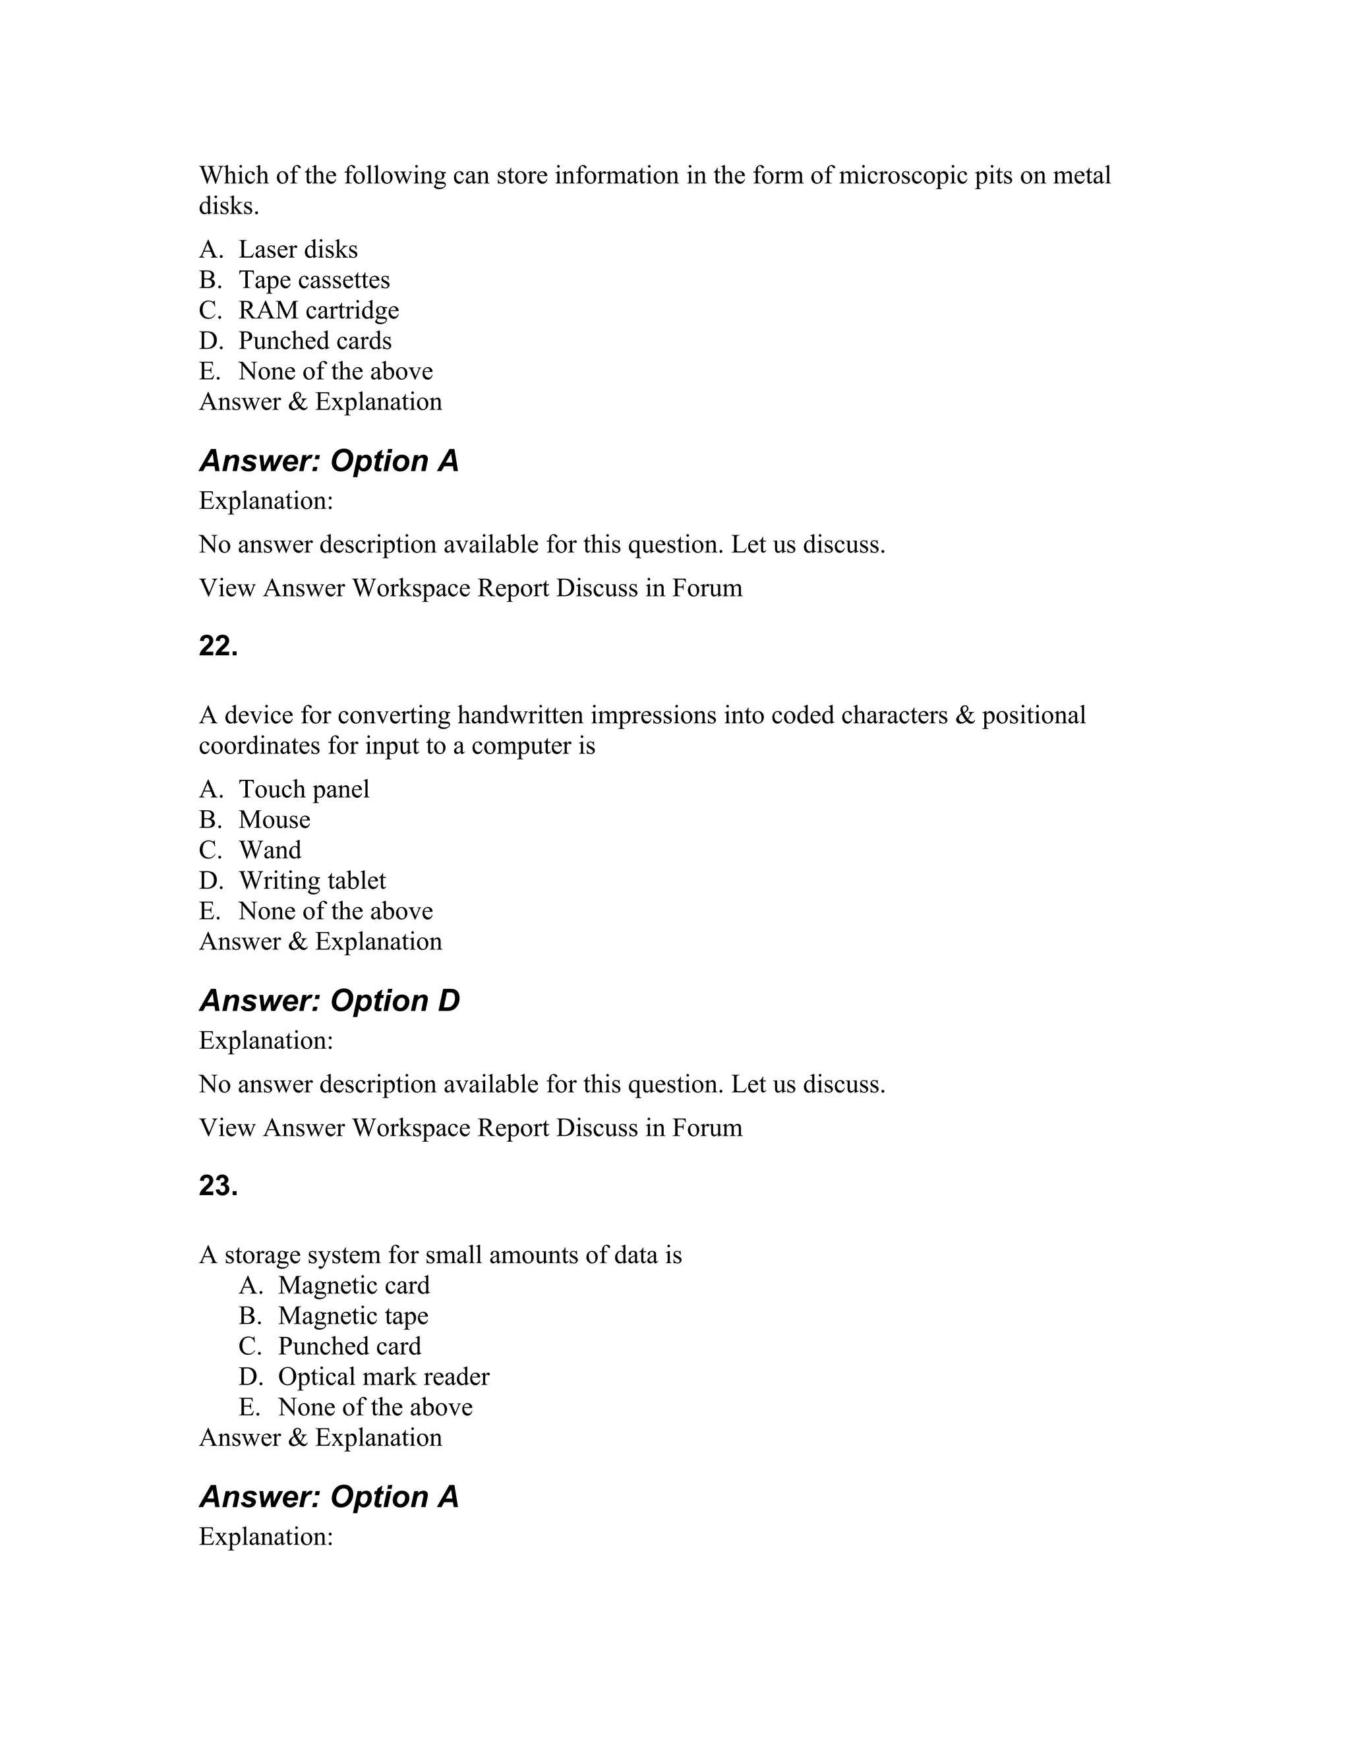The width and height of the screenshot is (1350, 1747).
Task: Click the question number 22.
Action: point(218,645)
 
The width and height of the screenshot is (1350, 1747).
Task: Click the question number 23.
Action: point(218,1185)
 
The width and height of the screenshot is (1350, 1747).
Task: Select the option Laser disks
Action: point(297,250)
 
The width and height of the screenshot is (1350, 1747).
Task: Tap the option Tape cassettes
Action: point(314,280)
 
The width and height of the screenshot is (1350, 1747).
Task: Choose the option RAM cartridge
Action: point(318,311)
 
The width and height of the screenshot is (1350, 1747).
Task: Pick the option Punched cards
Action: point(314,341)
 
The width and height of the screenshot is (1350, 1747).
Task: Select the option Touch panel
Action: point(304,790)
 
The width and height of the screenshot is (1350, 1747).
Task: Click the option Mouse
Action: point(274,820)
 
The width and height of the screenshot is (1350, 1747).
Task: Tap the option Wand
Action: point(270,850)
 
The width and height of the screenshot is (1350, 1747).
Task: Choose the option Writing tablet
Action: point(312,881)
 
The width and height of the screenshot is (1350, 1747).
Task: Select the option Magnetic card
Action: point(353,1286)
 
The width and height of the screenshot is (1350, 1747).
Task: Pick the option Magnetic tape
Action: point(353,1316)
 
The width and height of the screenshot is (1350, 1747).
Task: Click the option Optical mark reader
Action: point(383,1377)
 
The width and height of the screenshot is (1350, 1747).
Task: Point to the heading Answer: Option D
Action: point(329,1001)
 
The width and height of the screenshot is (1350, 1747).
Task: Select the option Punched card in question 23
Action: point(349,1346)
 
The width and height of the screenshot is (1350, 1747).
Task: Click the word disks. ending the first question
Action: point(229,206)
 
